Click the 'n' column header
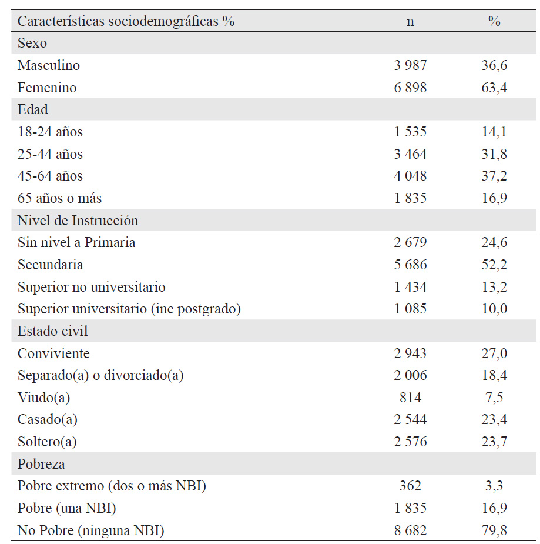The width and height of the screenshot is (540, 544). (x=410, y=22)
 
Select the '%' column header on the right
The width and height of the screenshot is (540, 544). (x=494, y=21)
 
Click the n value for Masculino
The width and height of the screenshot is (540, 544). (x=410, y=65)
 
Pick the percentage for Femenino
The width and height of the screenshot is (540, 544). (x=494, y=88)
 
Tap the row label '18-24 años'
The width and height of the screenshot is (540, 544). (x=51, y=132)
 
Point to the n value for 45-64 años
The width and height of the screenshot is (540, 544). (x=410, y=176)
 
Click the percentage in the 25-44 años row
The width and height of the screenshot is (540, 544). (x=494, y=154)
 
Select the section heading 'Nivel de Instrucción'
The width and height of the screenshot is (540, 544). (x=78, y=221)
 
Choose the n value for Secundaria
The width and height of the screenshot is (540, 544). (x=410, y=265)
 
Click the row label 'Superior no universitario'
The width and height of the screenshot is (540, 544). (x=92, y=287)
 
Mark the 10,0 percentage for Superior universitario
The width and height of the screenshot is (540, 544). (x=494, y=309)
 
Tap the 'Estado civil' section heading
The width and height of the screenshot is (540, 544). (x=53, y=331)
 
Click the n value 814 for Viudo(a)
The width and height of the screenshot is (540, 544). (x=410, y=398)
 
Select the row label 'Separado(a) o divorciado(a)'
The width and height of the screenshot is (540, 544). (x=100, y=375)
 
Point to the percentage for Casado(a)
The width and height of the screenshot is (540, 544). (x=494, y=419)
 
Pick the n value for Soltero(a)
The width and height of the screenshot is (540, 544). (x=410, y=442)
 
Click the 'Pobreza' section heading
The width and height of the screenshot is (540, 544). (x=41, y=464)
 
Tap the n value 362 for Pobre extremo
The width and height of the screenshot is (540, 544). (x=410, y=486)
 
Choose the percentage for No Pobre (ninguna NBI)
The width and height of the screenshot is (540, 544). (x=494, y=530)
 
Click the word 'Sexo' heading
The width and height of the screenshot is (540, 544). (x=32, y=43)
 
